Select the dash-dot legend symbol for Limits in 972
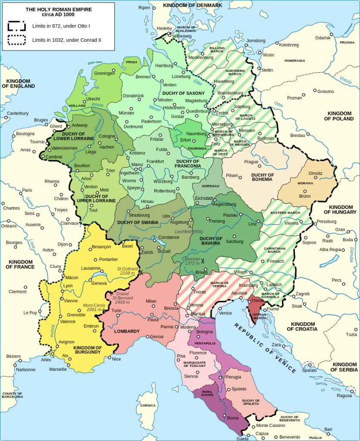(16, 26)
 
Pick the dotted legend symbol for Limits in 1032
(16, 40)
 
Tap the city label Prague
(251, 162)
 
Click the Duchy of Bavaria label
(211, 241)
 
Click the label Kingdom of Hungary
(340, 209)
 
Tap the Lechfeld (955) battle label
(189, 232)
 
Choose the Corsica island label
(148, 405)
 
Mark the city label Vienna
(291, 223)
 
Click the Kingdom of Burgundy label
(87, 350)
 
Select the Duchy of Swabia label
(138, 222)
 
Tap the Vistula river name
(345, 80)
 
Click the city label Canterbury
(18, 113)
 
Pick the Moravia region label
(305, 183)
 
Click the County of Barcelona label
(12, 395)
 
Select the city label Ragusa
(344, 395)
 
